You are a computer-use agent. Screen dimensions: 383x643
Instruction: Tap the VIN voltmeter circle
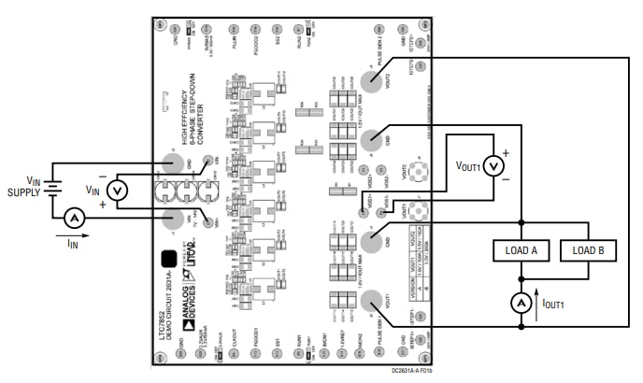(x=118, y=191)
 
